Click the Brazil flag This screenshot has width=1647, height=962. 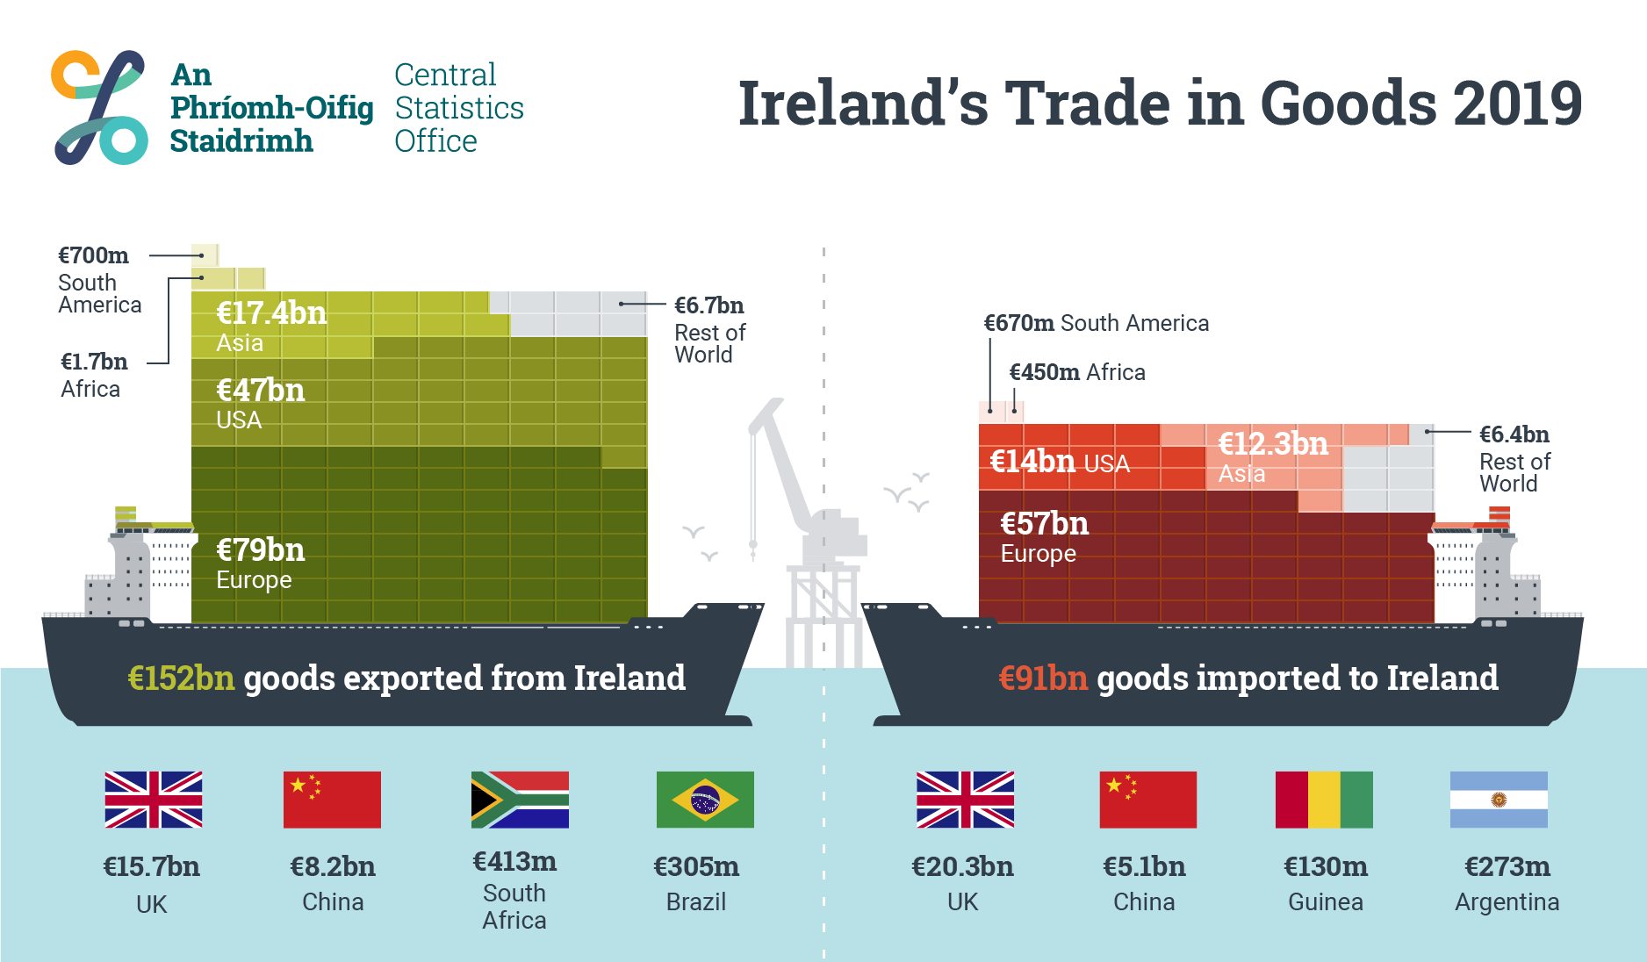(x=705, y=800)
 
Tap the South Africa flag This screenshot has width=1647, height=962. (x=520, y=800)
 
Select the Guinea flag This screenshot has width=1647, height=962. (x=1324, y=800)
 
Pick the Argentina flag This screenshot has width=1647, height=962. (x=1499, y=800)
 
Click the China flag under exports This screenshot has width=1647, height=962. (x=332, y=800)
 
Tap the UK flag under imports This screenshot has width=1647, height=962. (x=965, y=800)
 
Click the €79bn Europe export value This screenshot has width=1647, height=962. (x=261, y=550)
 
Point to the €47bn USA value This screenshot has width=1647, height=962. (x=261, y=391)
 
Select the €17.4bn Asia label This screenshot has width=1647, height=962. (x=271, y=313)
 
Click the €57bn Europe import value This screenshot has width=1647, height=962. (x=1045, y=524)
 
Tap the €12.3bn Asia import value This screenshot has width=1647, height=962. (x=1273, y=444)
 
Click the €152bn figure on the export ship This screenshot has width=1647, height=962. (x=181, y=678)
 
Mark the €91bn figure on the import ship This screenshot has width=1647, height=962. (x=1043, y=678)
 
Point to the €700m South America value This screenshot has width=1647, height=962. (x=93, y=255)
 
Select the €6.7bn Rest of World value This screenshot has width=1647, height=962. (x=708, y=305)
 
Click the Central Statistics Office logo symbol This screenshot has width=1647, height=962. (x=99, y=107)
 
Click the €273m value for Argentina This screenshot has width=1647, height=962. (x=1507, y=867)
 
